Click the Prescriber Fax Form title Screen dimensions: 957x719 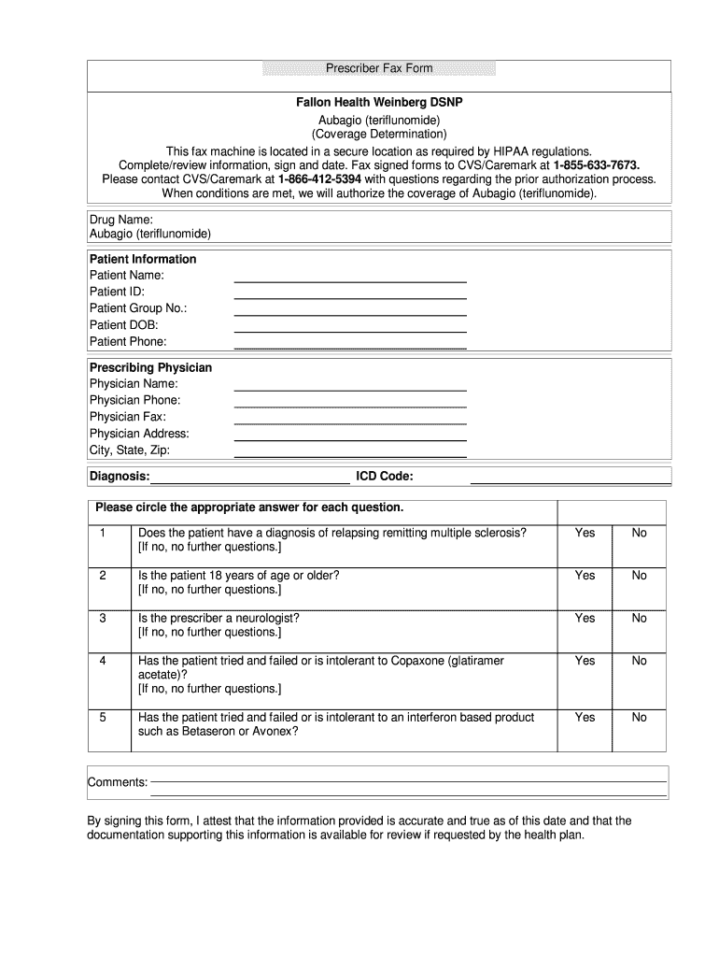379,69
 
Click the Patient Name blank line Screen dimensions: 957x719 349,279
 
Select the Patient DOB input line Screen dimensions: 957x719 349,328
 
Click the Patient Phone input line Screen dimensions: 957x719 349,345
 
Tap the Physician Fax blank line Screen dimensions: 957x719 349,421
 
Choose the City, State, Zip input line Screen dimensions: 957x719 349,453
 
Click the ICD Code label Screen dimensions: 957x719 385,477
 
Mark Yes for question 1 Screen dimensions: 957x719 585,533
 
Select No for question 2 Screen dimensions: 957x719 639,576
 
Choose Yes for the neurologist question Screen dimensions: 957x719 585,618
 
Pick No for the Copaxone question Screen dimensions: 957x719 639,661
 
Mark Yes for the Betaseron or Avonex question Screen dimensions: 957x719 585,718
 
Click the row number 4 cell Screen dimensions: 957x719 103,661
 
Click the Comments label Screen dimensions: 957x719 118,782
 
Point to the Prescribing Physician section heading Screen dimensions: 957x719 150,367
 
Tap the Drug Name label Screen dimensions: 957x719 120,219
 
